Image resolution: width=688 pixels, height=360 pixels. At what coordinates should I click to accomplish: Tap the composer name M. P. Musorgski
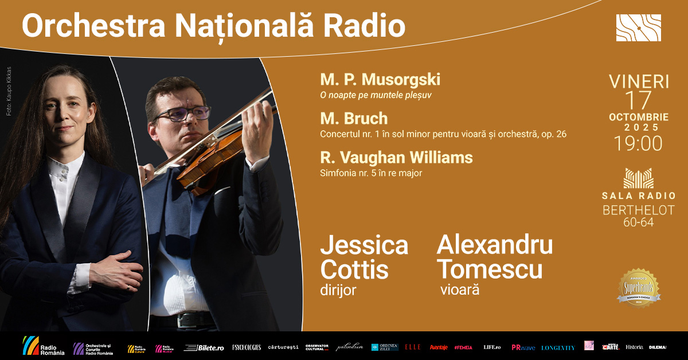point(380,80)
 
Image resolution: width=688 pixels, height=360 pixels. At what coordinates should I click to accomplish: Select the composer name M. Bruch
point(354,119)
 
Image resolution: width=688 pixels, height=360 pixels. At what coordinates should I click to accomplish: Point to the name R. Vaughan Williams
point(396,157)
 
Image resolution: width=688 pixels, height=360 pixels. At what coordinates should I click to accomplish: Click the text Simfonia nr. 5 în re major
point(371,173)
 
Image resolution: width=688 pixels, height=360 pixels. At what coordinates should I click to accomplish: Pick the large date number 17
point(638,101)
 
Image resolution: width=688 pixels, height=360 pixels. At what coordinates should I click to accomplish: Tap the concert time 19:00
point(638,143)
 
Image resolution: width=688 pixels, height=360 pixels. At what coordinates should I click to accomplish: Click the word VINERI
point(638,81)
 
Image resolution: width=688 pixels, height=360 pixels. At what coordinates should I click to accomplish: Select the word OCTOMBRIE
point(638,117)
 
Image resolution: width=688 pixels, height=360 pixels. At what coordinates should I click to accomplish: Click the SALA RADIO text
point(638,195)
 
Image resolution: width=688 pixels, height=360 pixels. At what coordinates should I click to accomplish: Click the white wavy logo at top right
point(638,28)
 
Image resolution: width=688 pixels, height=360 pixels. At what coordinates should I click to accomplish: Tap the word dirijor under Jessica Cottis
point(338,290)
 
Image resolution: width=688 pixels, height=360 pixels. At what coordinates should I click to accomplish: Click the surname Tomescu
point(489,268)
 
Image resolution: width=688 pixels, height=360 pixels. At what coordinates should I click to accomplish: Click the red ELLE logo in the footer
point(413,347)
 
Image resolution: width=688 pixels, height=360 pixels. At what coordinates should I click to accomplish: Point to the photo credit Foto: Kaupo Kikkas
point(9,92)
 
